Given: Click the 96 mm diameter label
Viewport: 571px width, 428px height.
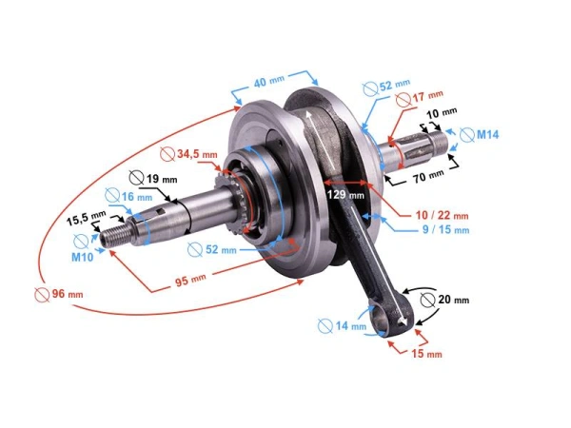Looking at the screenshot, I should (x=63, y=293).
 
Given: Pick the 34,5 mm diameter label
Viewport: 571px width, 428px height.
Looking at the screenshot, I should (x=196, y=153).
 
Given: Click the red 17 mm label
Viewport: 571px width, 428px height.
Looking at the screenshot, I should (x=425, y=96).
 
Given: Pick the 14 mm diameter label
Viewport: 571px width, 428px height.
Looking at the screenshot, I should (x=350, y=326).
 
